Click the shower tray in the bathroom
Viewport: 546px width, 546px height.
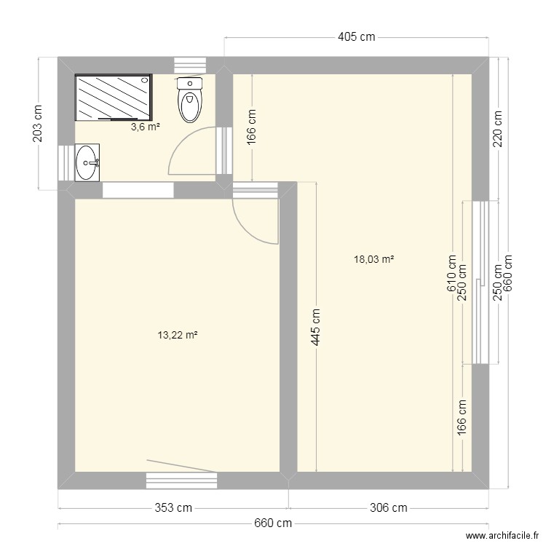(x=114, y=96)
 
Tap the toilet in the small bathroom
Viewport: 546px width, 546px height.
(x=189, y=100)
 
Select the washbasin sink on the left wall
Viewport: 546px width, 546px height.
(x=87, y=162)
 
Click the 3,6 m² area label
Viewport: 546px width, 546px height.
(x=145, y=127)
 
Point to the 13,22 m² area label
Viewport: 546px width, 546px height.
(x=178, y=335)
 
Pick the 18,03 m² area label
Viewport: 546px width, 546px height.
(x=373, y=258)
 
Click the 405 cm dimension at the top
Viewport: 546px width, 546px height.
(x=357, y=37)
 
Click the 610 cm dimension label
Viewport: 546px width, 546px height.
(x=452, y=271)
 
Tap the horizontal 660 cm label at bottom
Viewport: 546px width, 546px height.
(x=273, y=523)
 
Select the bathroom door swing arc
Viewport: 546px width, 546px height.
(x=188, y=151)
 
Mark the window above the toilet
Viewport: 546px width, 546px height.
(x=190, y=66)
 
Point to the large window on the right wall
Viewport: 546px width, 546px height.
(x=480, y=282)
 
